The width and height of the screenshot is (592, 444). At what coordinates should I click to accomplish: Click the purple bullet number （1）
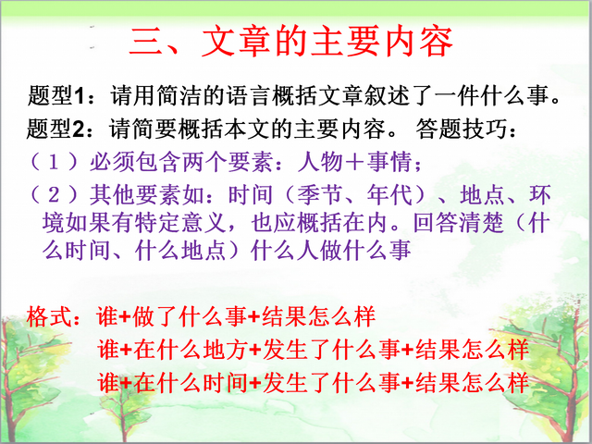(x=55, y=163)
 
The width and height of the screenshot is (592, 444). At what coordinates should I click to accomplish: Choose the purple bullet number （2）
(x=55, y=195)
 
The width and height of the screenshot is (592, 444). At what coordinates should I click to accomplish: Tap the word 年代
(x=390, y=195)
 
